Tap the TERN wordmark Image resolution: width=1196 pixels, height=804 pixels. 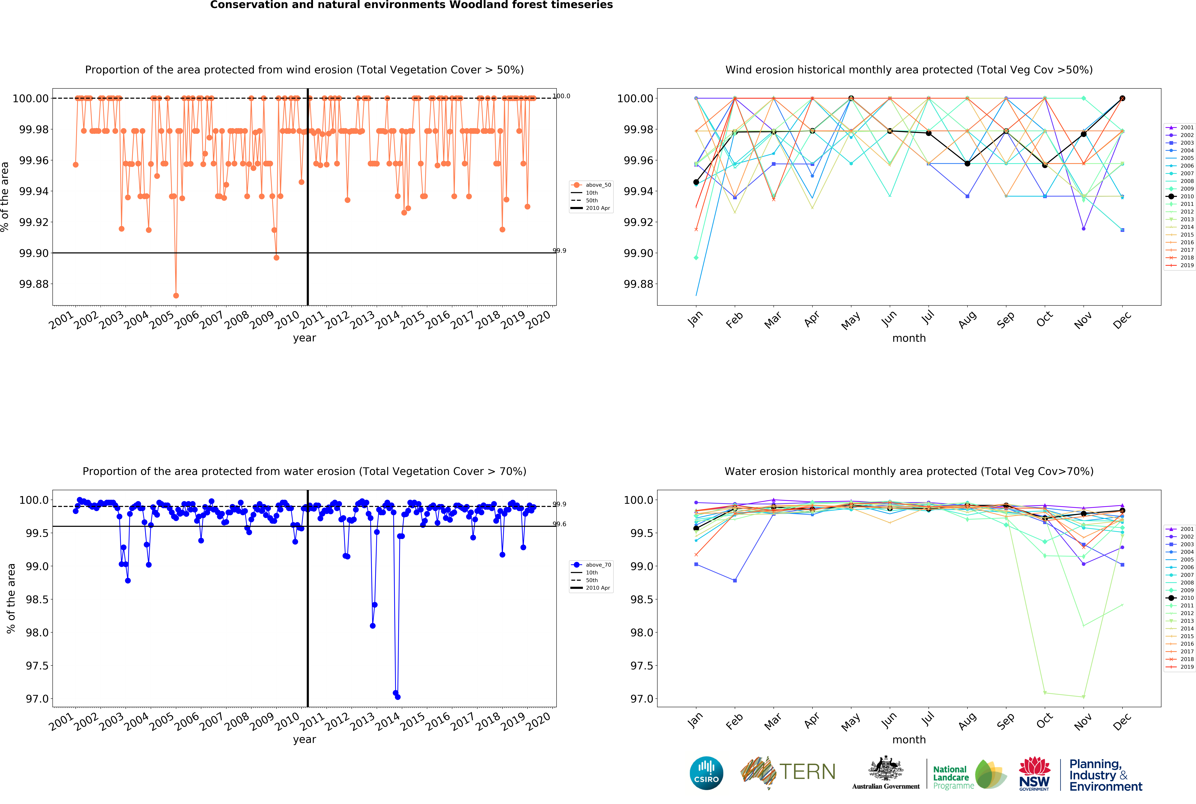pos(807,772)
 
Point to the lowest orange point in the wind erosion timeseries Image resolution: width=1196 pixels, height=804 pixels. pos(176,295)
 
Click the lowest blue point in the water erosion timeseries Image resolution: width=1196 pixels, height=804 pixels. pos(398,697)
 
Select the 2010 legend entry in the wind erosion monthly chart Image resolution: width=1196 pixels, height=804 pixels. pos(1181,196)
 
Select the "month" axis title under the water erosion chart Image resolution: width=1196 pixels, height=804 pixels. pos(909,739)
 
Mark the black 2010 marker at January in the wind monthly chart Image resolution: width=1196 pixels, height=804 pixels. pos(696,182)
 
